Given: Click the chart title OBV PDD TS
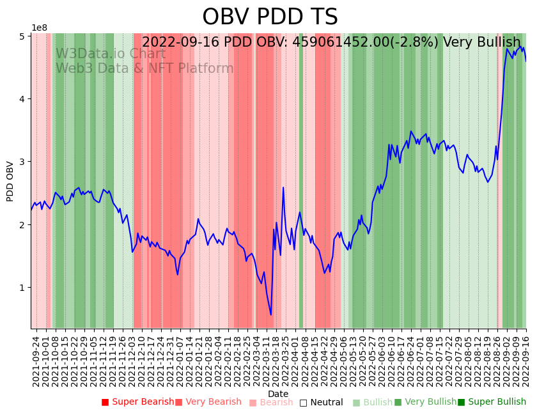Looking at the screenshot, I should click(x=270, y=17).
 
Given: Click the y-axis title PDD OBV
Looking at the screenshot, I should click(x=10, y=181).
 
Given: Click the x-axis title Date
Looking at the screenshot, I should click(x=278, y=394).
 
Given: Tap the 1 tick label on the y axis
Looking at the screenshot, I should click(x=22, y=288).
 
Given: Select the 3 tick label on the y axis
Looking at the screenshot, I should click(x=22, y=162).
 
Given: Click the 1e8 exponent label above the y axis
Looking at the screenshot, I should click(x=40, y=27).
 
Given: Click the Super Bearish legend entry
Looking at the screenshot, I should click(x=137, y=402).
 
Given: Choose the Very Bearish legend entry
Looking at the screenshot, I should click(x=208, y=402).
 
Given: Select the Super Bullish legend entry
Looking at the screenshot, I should click(x=492, y=402).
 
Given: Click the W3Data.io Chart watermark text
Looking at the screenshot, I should click(x=111, y=54).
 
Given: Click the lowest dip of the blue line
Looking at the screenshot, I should click(x=270, y=315).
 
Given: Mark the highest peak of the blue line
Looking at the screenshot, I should click(x=508, y=49).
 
